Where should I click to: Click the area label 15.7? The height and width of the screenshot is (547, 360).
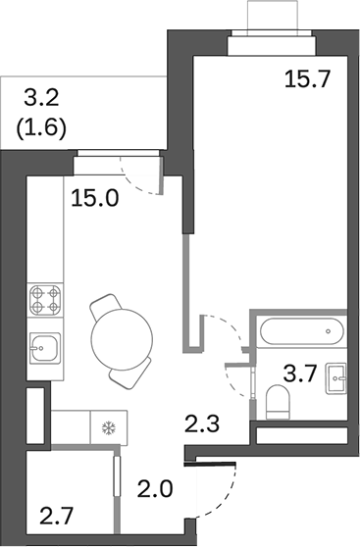pos(305,79)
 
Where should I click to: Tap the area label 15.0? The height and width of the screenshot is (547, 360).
pos(94,198)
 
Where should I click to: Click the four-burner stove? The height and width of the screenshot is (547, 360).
pos(44,298)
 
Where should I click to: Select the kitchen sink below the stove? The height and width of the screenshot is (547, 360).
pos(45,347)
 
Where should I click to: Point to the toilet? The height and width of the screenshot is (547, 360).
pos(278,402)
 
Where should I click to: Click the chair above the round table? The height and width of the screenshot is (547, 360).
pos(105,308)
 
